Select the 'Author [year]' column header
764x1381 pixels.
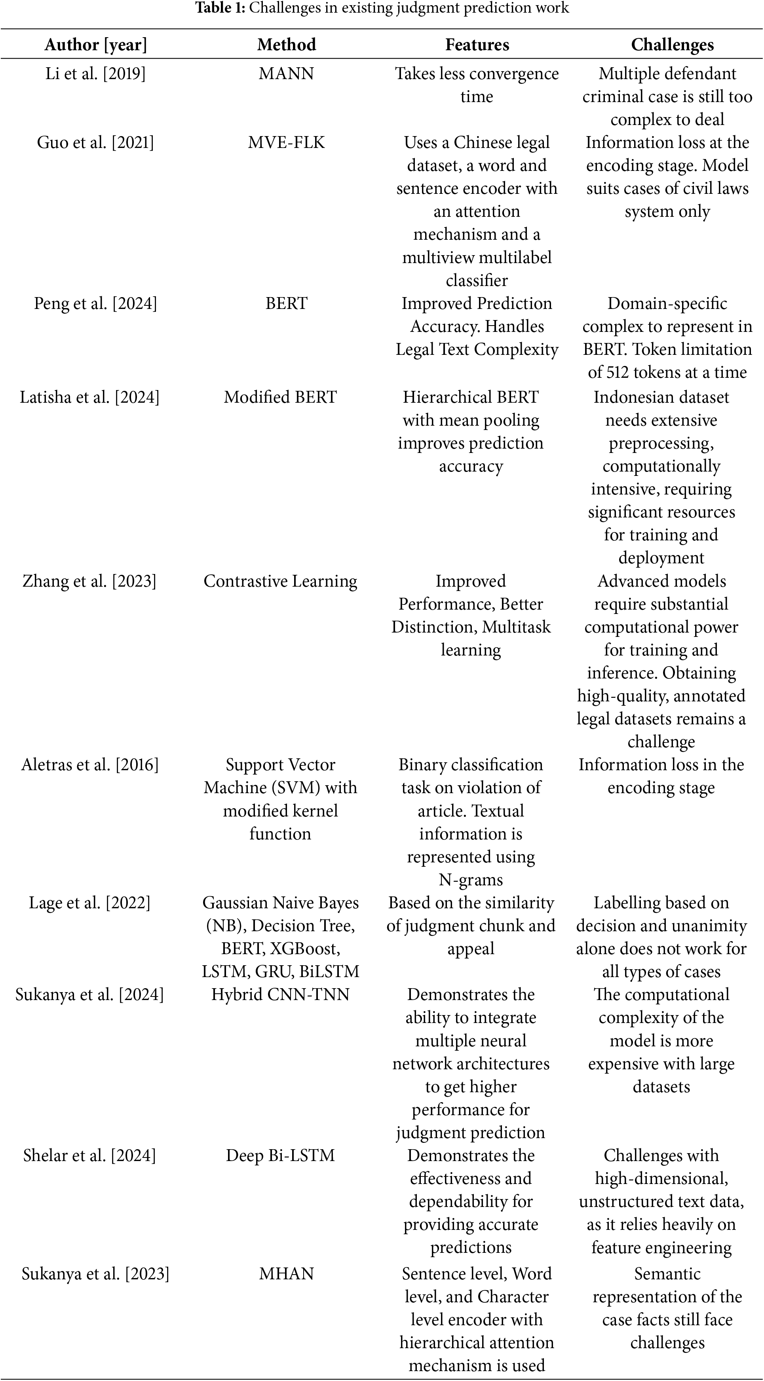point(95,44)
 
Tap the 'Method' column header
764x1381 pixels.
point(287,44)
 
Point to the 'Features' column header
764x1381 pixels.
point(477,44)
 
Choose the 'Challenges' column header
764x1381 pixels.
point(672,44)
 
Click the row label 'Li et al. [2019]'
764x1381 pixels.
point(95,74)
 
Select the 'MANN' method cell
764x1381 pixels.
point(287,74)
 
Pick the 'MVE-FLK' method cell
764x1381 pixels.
point(287,142)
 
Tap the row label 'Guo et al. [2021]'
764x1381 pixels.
point(95,142)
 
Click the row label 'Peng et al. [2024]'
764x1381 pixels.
point(95,303)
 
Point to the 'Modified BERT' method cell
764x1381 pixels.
point(280,397)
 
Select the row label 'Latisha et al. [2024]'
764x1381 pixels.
point(89,397)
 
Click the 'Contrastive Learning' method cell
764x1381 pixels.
point(280,581)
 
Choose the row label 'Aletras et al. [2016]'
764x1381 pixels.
point(89,765)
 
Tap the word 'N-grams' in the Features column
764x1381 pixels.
point(471,880)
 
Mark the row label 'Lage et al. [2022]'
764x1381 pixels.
point(89,903)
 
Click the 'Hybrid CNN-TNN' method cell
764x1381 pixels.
point(280,995)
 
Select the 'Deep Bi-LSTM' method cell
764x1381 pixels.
point(280,1155)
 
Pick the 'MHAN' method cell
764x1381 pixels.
point(287,1273)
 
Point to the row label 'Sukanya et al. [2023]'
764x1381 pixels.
point(95,1273)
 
